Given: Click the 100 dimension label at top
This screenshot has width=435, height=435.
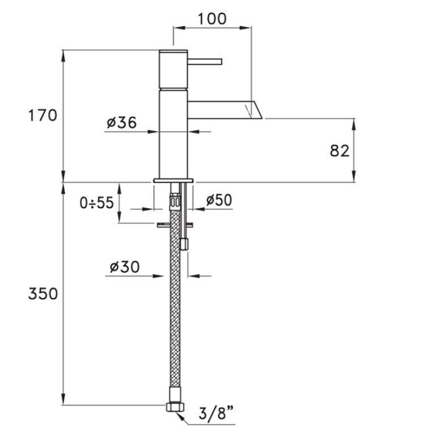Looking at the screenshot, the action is tap(212, 19).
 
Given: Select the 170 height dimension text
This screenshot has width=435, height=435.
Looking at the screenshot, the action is tap(43, 115).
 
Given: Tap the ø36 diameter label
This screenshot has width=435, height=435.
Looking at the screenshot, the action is tap(122, 123).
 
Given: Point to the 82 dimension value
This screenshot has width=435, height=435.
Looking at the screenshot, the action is tap(340, 151).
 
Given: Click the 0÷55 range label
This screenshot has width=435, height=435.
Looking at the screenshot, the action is tap(96, 202).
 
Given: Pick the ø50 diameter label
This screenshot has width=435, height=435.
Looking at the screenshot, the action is tap(219, 200).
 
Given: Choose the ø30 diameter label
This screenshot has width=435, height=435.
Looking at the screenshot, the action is tap(125, 267).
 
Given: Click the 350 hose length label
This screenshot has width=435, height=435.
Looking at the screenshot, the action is tap(43, 294).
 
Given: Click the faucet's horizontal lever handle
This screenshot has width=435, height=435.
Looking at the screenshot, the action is tap(205, 62).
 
